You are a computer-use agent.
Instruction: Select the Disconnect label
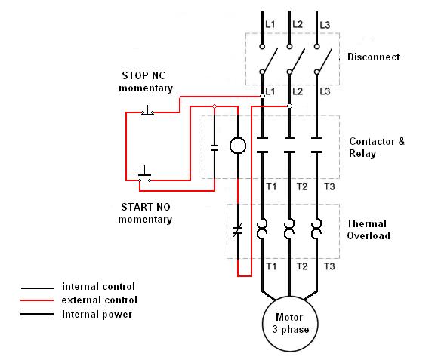click(373, 57)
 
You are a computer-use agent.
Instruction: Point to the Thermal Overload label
click(368, 229)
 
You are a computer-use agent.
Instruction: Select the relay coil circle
click(238, 146)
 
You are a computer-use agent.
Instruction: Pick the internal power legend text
click(97, 314)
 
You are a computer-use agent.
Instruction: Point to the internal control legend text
click(98, 287)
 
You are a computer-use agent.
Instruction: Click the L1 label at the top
click(270, 26)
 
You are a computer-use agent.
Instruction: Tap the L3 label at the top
click(325, 26)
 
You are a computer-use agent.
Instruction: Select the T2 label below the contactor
click(301, 186)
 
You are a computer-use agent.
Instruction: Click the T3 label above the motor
click(329, 266)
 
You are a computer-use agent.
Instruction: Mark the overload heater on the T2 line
click(289, 229)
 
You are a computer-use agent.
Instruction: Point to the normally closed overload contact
click(238, 229)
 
